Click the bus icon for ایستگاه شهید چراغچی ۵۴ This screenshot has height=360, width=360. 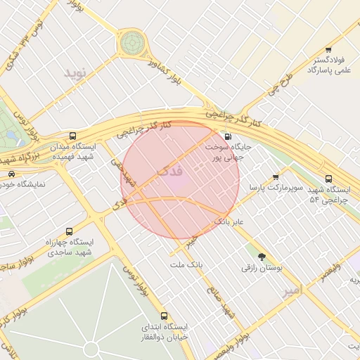(329, 179)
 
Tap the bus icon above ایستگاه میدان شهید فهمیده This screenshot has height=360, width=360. (73, 136)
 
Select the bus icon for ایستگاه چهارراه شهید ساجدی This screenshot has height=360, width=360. (69, 231)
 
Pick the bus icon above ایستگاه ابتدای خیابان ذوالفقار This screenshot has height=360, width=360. (164, 316)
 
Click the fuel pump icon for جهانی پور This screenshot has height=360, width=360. (227, 137)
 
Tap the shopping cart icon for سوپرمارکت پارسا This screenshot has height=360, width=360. (276, 177)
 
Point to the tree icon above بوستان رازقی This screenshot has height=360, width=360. (262, 257)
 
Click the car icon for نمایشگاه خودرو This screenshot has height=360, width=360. (11, 173)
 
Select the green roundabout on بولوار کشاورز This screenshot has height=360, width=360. (130, 43)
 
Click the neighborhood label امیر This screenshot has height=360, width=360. (292, 290)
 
